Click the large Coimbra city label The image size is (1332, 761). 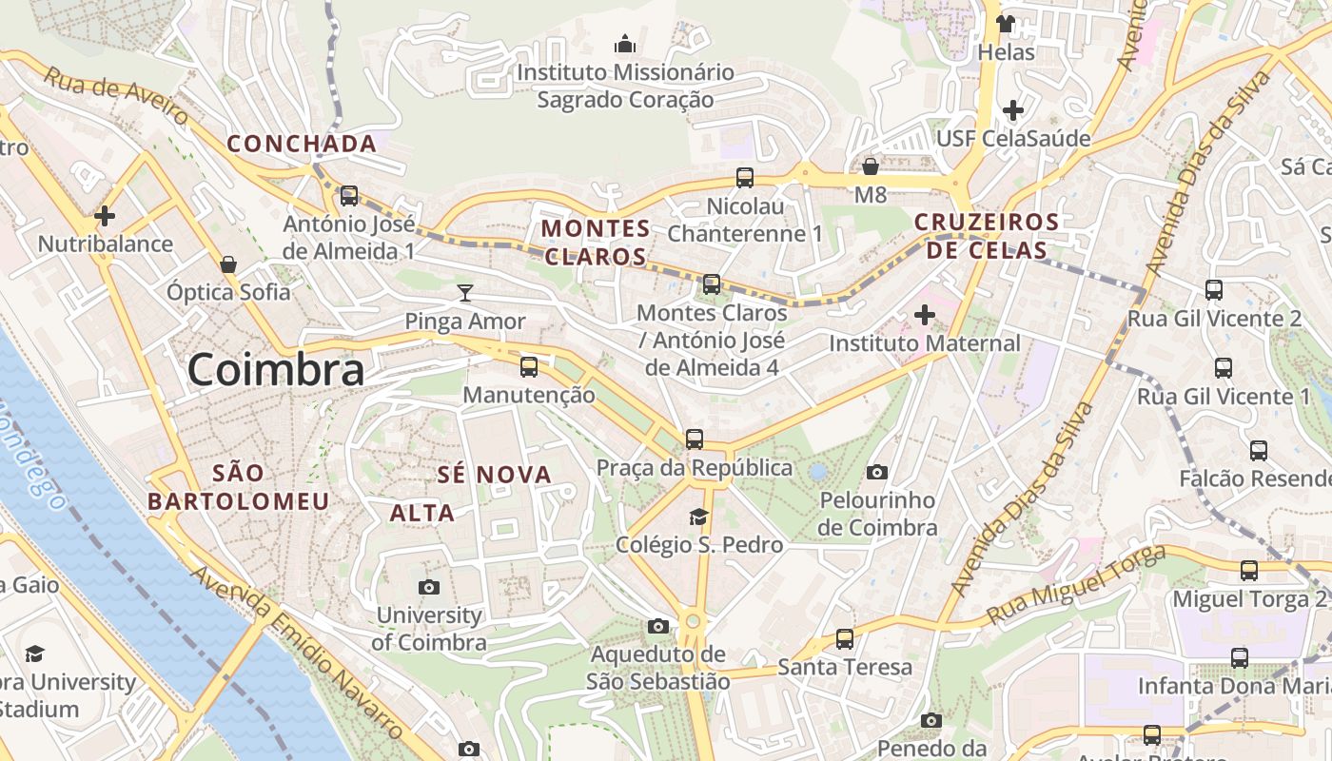click(276, 370)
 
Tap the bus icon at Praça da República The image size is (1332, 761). click(695, 439)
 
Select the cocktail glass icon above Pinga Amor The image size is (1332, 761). click(465, 292)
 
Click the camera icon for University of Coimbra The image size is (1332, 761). click(429, 587)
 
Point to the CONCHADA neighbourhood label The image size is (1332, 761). click(302, 144)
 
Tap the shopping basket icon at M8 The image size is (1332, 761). click(870, 167)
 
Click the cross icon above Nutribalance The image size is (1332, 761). click(105, 216)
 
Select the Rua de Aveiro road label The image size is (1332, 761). click(116, 96)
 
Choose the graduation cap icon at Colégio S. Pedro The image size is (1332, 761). click(699, 517)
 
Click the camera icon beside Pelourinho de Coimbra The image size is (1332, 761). click(877, 472)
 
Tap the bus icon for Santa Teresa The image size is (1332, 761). click(845, 638)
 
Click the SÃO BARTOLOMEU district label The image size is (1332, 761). click(239, 487)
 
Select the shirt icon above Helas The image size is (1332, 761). click(1006, 23)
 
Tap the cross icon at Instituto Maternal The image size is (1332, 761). click(925, 315)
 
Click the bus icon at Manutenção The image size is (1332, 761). click(529, 366)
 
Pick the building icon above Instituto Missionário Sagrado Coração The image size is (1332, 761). click(625, 44)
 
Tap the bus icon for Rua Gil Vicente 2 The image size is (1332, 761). click(1214, 290)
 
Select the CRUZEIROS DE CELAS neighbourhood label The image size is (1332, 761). click(987, 236)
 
